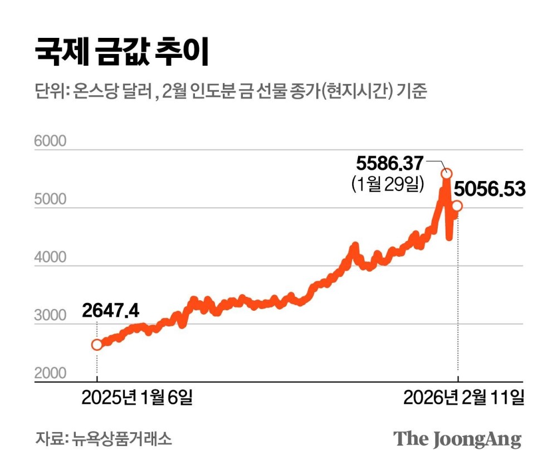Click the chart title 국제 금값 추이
[121, 52]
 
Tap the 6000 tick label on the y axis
[50, 141]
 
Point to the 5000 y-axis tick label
[50, 200]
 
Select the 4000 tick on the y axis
[50, 258]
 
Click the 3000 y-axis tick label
[50, 316]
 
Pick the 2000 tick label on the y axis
[50, 373]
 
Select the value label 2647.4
[111, 310]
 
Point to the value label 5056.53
[490, 189]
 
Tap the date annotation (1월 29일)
[388, 184]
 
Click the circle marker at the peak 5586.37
[446, 174]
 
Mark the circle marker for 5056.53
[457, 206]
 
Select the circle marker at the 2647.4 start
[97, 345]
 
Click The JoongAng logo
[458, 438]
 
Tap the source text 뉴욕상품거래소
[121, 438]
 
